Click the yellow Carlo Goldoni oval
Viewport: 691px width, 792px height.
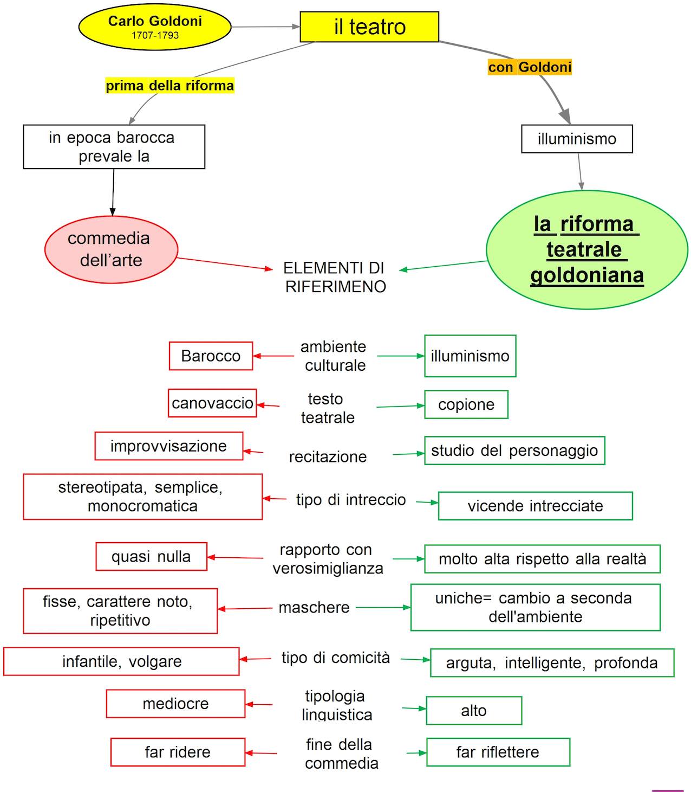click(154, 22)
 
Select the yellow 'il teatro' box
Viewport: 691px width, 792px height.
click(369, 27)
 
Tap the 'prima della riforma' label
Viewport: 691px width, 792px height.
click(170, 86)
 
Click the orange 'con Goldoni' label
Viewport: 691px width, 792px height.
click(530, 67)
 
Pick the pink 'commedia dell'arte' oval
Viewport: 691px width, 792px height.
click(111, 249)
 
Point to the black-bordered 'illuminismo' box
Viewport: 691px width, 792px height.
click(577, 139)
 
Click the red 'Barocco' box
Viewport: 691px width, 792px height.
click(211, 356)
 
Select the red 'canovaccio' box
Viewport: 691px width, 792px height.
click(212, 403)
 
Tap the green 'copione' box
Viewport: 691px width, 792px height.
click(466, 405)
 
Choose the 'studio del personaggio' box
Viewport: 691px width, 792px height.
click(514, 450)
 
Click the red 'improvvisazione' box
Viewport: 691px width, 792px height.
click(168, 446)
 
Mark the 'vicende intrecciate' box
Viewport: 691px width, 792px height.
click(535, 506)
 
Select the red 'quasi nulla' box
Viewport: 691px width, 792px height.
click(151, 557)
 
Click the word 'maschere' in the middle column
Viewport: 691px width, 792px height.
click(314, 608)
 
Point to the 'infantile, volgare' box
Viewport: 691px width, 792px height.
click(121, 661)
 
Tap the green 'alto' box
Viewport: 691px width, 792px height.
click(474, 711)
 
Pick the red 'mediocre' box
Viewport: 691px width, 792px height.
click(175, 704)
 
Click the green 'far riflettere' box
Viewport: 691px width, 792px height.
click(498, 752)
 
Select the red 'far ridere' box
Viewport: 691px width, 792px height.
click(178, 752)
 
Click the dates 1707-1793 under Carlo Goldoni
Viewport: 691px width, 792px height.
click(155, 35)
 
